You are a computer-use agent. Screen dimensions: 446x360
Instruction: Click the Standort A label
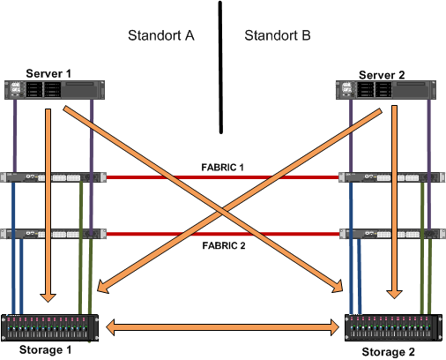161,35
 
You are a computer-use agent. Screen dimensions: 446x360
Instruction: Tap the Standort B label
278,35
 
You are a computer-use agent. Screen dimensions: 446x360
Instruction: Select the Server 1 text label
48,73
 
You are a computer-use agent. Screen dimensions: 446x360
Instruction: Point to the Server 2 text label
382,75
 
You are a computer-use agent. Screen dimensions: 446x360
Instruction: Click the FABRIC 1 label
222,168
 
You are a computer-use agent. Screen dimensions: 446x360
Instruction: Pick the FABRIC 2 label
224,245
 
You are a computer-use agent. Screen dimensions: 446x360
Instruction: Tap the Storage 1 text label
45,350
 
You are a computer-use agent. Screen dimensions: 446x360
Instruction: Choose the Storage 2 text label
388,352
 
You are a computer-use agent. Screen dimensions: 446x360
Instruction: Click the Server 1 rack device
55,90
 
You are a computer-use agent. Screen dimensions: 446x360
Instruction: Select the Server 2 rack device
386,90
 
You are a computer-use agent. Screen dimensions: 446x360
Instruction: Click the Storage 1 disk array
49,328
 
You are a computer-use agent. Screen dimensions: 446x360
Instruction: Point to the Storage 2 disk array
393,327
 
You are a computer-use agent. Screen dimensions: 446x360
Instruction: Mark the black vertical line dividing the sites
220,67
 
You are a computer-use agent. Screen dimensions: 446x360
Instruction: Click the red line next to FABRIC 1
222,177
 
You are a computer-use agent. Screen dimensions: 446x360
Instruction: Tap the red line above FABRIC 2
223,234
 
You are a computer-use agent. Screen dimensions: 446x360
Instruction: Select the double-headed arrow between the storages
222,327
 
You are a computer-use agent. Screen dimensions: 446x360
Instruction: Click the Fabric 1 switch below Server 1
53,177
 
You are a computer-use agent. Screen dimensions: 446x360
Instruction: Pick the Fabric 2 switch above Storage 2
392,234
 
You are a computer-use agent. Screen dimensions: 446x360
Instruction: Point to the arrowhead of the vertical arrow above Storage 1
48,297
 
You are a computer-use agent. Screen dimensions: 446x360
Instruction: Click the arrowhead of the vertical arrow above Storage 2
394,295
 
